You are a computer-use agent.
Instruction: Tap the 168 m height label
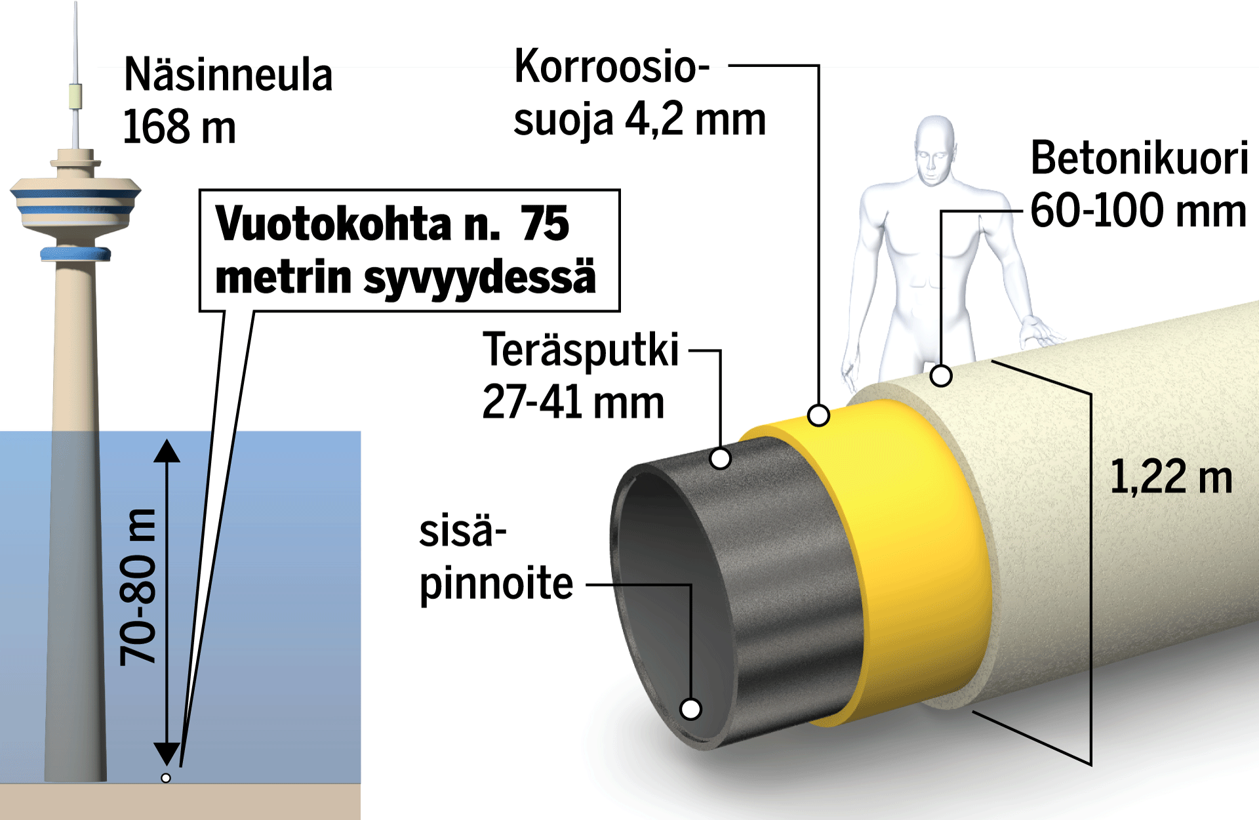[x=179, y=127]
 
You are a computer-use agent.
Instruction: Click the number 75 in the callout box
[x=544, y=224]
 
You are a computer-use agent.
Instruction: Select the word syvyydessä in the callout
[x=479, y=277]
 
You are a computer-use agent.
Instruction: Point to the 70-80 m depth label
[x=138, y=587]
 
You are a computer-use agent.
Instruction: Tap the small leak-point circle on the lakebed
[x=166, y=778]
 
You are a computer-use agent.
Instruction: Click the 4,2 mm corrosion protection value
[x=695, y=119]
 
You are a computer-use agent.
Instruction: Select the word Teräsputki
[x=581, y=350]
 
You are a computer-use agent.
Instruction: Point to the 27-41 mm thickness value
[x=573, y=402]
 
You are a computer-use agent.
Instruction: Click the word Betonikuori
[x=1139, y=158]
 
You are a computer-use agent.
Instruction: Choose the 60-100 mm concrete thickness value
[x=1138, y=211]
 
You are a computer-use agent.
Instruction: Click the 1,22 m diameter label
[x=1171, y=477]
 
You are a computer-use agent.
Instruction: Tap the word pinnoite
[x=496, y=583]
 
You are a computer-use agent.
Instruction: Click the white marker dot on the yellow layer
[x=818, y=415]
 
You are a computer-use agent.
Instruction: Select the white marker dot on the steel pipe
[x=720, y=459]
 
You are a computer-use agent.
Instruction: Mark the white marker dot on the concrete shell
[x=941, y=376]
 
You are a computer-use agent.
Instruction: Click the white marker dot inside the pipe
[x=690, y=708]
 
